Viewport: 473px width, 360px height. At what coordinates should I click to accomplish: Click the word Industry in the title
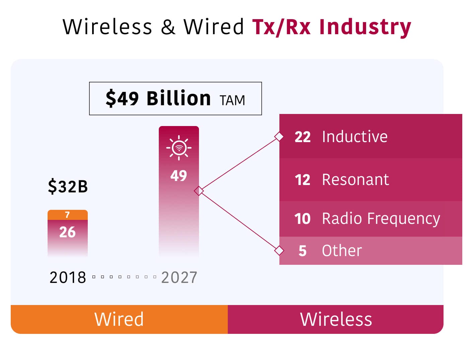(365, 27)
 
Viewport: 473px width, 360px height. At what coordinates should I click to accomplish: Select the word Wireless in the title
(107, 27)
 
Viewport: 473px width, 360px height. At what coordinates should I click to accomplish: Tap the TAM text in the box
(232, 100)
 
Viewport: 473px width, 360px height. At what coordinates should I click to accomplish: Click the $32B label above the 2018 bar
(68, 186)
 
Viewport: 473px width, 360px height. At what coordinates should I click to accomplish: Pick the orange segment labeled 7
(68, 215)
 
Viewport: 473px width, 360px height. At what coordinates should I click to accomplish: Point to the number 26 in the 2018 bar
(67, 232)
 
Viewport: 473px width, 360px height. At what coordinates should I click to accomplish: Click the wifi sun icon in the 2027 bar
(179, 147)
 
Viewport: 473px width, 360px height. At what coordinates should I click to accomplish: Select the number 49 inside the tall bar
(179, 176)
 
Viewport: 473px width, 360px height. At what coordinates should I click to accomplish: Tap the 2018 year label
(68, 278)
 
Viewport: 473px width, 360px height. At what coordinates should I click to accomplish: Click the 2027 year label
(179, 278)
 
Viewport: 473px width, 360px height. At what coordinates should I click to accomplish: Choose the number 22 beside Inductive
(302, 137)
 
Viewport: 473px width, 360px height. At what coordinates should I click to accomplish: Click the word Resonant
(355, 180)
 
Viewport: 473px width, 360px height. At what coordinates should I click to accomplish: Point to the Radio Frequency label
(381, 219)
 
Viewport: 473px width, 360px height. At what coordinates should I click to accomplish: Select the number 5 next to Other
(302, 251)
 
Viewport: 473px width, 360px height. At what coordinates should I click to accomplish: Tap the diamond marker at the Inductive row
(279, 137)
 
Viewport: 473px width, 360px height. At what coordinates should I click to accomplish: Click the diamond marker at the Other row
(279, 250)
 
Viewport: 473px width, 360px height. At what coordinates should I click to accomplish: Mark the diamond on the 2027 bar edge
(199, 191)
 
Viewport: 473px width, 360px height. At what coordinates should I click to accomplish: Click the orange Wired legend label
(119, 319)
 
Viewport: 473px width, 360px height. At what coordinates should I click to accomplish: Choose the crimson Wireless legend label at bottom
(336, 319)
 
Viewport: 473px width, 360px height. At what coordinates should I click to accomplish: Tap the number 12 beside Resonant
(302, 180)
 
